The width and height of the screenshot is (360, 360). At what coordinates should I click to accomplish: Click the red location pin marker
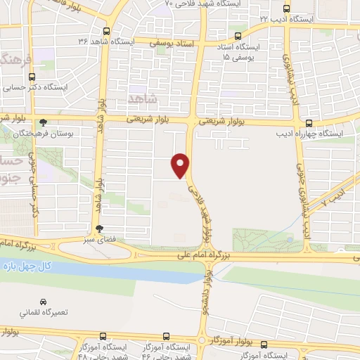181,165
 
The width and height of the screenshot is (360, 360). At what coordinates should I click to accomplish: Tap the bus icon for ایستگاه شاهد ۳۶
106,31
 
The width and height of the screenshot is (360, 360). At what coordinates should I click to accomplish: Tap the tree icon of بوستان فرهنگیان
44,121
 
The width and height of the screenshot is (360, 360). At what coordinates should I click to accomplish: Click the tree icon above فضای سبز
99,228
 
